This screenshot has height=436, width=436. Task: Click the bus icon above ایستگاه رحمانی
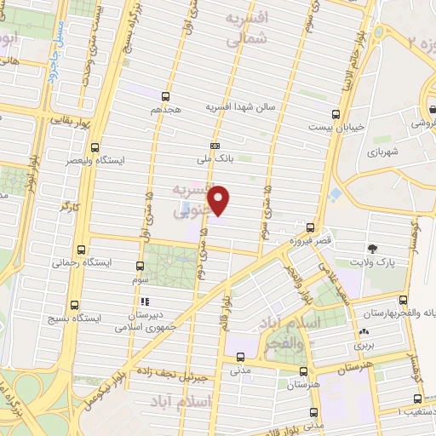click(x=82, y=250)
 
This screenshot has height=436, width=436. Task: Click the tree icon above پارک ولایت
click(x=373, y=249)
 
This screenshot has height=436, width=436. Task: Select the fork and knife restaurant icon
click(x=144, y=301)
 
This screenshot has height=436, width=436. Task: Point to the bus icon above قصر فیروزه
click(x=311, y=228)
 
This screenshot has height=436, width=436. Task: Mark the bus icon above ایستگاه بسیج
click(x=75, y=305)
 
